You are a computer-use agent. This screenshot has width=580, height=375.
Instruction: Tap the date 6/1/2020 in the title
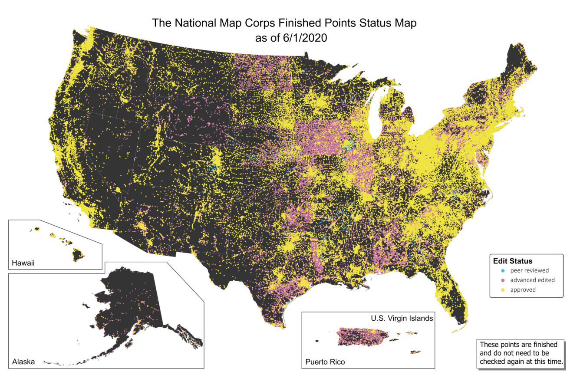point(302,38)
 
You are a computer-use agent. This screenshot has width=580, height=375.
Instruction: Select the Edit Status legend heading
point(512,261)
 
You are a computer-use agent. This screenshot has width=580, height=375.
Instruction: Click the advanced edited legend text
point(532,280)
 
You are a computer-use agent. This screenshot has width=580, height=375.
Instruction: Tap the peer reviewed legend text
point(529,270)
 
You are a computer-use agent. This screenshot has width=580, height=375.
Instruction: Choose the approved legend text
point(523,289)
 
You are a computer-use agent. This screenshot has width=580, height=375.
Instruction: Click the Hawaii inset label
point(23,263)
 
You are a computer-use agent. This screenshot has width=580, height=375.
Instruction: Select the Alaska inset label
point(23,362)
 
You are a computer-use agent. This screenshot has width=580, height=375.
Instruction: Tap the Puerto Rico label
point(325,362)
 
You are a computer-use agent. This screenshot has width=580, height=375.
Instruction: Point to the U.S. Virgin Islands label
point(402,318)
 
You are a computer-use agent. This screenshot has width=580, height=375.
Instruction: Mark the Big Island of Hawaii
point(78,254)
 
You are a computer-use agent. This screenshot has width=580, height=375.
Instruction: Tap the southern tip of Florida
point(461,323)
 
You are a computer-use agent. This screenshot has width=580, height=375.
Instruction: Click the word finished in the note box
point(538,344)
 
